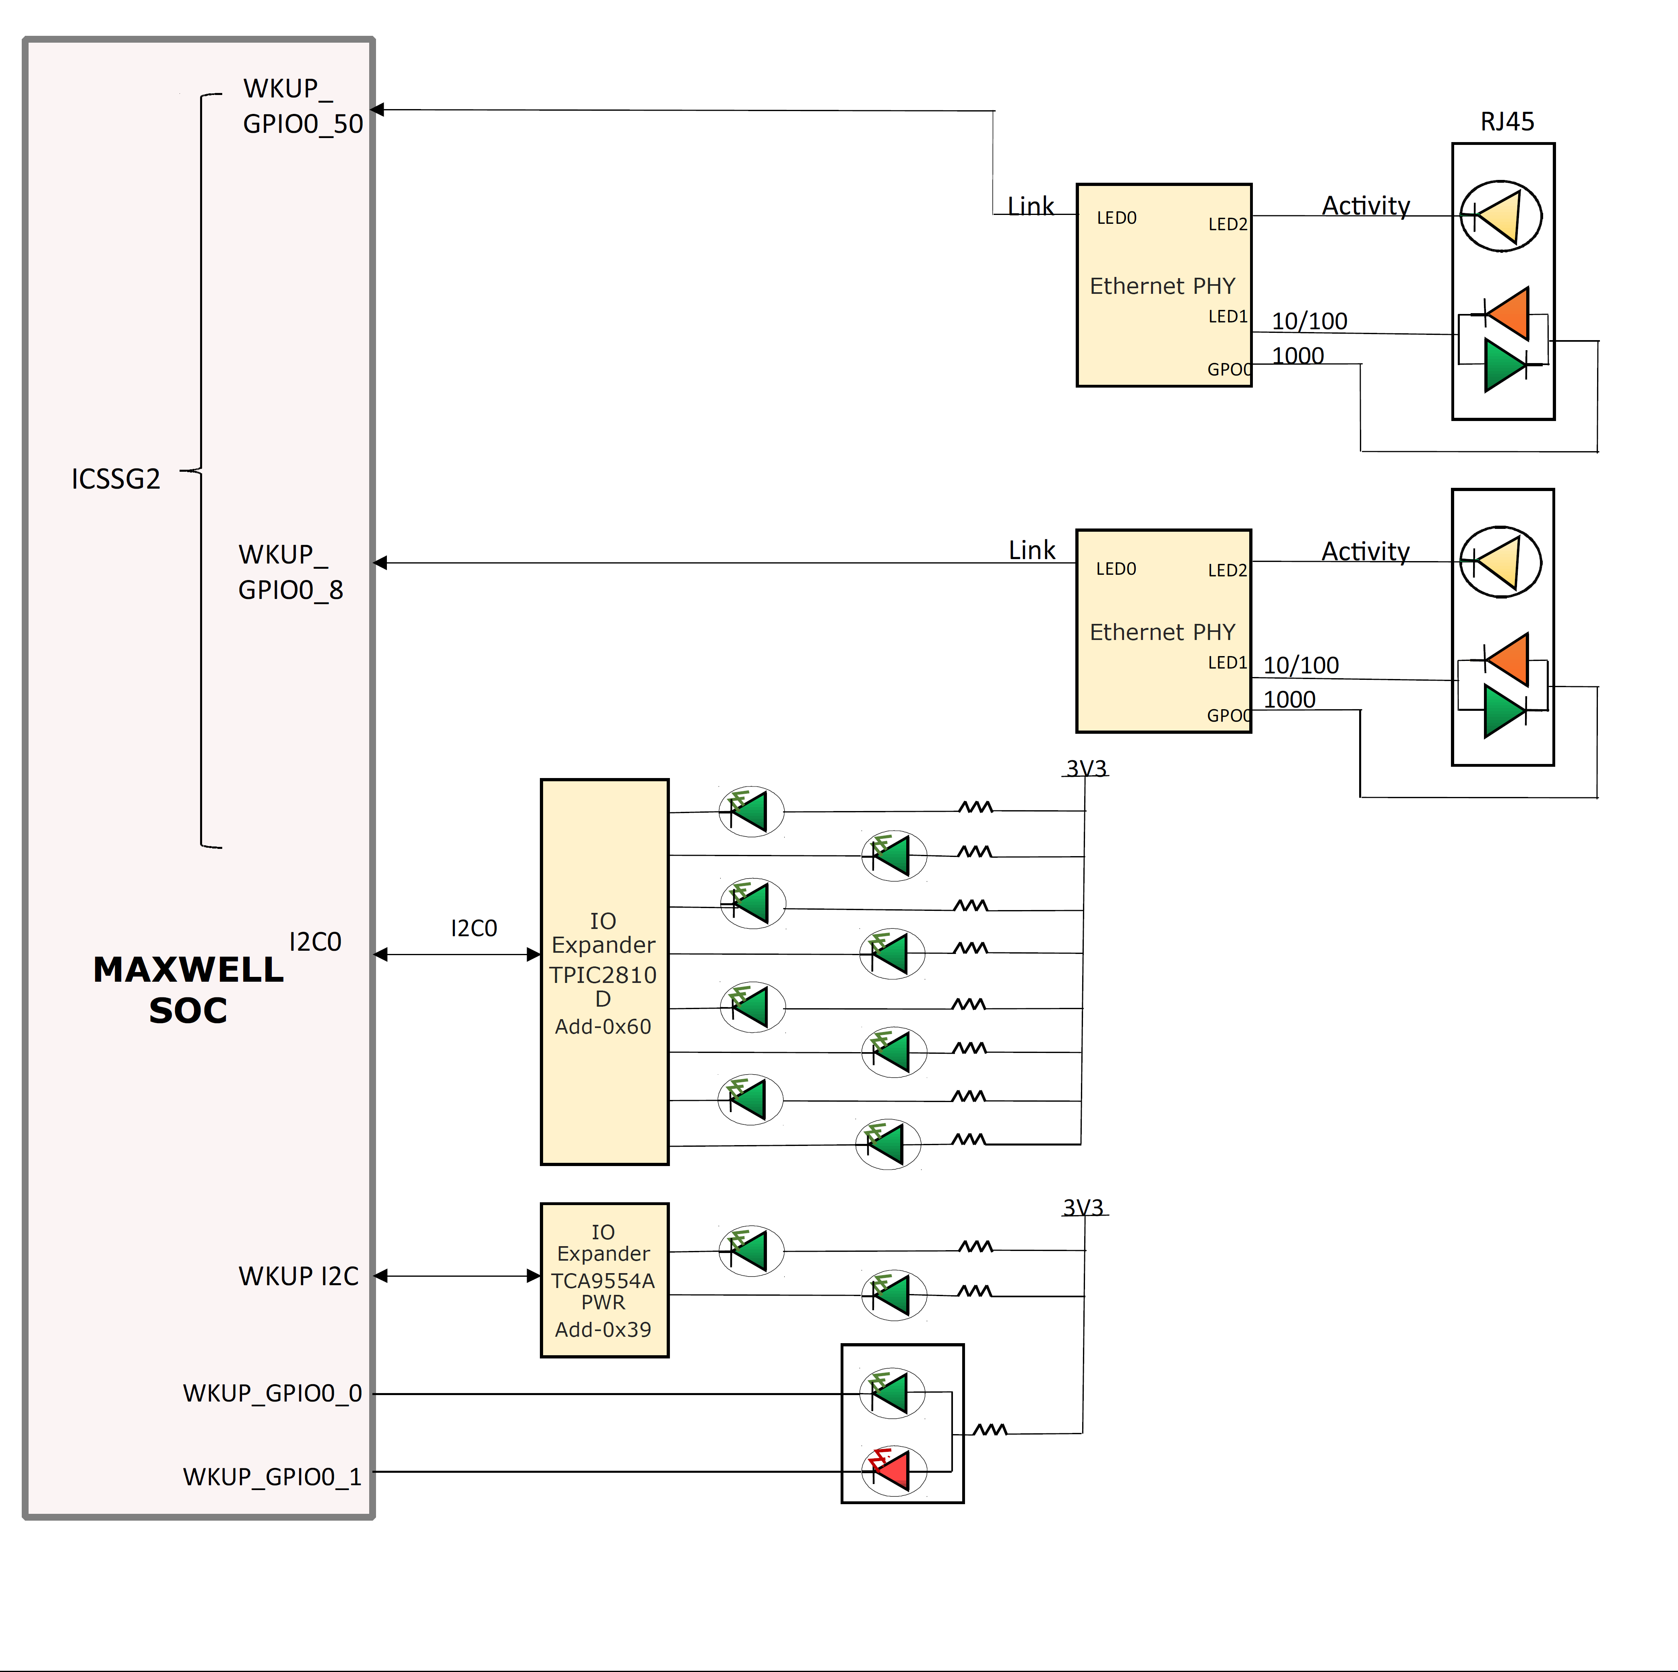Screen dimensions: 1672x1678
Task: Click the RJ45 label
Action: point(1507,122)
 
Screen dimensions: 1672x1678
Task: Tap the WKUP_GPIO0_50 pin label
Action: point(302,106)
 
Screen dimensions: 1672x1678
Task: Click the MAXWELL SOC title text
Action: point(188,990)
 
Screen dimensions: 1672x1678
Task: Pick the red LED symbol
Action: point(892,1470)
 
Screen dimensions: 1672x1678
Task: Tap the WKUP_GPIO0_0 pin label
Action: point(272,1393)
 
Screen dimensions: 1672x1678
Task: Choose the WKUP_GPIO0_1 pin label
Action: point(272,1477)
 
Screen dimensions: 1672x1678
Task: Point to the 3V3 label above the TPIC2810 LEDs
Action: point(1086,768)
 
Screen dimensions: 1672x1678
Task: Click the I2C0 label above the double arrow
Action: point(473,928)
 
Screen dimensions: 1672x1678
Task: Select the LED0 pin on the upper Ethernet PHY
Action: point(1116,218)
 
